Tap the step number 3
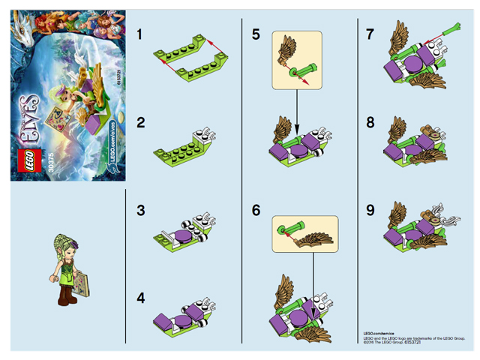tap(139, 212)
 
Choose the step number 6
tap(256, 211)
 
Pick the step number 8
tap(369, 121)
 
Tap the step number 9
tap(369, 211)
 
